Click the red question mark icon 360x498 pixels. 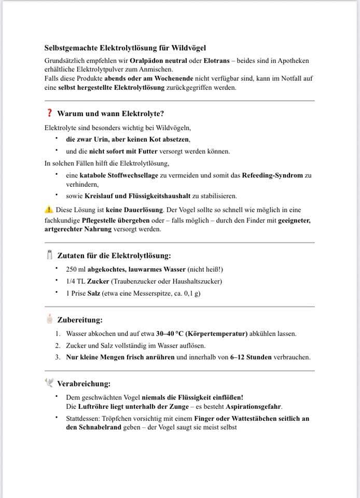[x=49, y=113]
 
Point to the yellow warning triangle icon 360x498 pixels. [x=49, y=210]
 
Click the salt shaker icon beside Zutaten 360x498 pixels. [x=50, y=255]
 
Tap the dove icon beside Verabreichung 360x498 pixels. [x=50, y=383]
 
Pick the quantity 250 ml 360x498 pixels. [x=76, y=269]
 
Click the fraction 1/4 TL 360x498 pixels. [x=75, y=281]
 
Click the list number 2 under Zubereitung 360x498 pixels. [x=58, y=345]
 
